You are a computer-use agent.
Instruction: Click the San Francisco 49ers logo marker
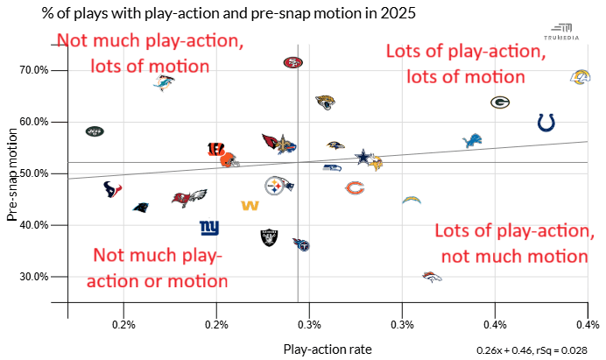[x=292, y=62]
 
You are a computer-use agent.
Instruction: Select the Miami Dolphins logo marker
[x=162, y=82]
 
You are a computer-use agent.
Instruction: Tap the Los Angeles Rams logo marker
[x=580, y=77]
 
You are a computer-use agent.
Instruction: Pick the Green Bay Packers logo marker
[x=500, y=102]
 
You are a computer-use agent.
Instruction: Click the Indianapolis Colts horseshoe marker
[x=546, y=123]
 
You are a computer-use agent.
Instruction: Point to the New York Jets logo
[x=95, y=131]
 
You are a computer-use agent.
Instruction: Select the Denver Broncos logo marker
[x=432, y=277]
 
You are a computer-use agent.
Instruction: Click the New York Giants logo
[x=209, y=229]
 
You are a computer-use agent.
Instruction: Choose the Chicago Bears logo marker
[x=355, y=187]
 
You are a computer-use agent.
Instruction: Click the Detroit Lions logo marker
[x=473, y=141]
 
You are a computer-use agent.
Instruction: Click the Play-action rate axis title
[x=328, y=349]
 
